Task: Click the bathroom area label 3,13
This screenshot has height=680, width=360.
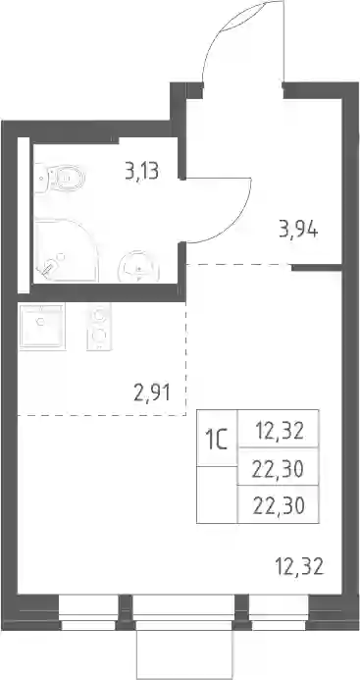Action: (142, 172)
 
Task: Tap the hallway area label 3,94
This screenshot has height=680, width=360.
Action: (299, 230)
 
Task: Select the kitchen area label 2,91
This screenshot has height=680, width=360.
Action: (151, 393)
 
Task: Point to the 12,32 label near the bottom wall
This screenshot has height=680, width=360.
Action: (299, 566)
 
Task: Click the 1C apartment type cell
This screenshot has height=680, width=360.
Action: (218, 439)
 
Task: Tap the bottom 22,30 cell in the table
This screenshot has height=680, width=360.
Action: (278, 504)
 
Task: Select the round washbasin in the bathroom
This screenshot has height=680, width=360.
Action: (138, 267)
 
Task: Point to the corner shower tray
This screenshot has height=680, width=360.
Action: (66, 251)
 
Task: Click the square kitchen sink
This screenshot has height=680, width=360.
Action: (42, 326)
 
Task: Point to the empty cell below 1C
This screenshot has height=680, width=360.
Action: (218, 495)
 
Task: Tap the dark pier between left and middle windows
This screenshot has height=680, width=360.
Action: (126, 612)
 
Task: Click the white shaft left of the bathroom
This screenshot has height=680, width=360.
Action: (24, 216)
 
